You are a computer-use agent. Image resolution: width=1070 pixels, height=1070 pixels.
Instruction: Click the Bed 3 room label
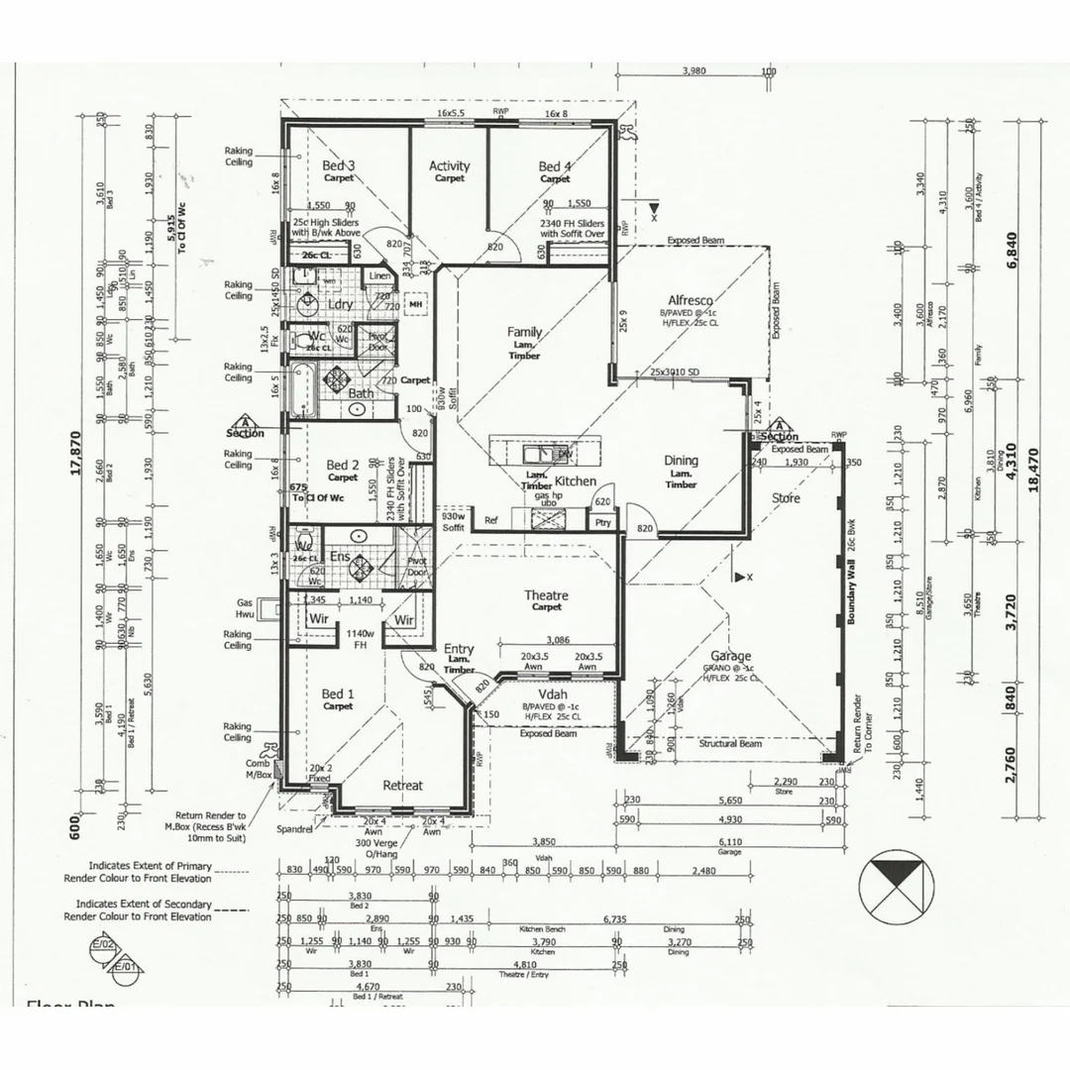click(339, 166)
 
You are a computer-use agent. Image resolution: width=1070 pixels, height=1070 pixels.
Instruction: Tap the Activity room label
click(449, 166)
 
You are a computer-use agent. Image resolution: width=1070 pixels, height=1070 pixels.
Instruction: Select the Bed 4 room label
click(555, 166)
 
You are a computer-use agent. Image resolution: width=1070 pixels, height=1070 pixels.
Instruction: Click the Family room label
click(524, 332)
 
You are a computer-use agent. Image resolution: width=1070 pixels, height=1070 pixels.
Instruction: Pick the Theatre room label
click(546, 595)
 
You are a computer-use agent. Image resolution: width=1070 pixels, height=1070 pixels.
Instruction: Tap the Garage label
click(730, 656)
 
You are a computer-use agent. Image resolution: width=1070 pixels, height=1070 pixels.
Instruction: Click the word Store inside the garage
click(786, 498)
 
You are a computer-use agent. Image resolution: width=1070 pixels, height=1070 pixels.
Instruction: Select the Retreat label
click(402, 786)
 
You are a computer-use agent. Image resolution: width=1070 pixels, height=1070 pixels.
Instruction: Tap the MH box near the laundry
click(416, 304)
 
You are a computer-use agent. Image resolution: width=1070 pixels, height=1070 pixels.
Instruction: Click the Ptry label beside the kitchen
click(602, 522)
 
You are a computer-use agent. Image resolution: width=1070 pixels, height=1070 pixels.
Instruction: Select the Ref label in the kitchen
click(490, 521)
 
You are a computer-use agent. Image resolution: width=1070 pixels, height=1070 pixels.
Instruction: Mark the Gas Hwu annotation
click(245, 608)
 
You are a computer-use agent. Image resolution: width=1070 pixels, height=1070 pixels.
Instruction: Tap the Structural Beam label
click(729, 743)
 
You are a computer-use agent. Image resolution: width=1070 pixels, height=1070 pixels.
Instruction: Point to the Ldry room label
click(340, 304)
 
